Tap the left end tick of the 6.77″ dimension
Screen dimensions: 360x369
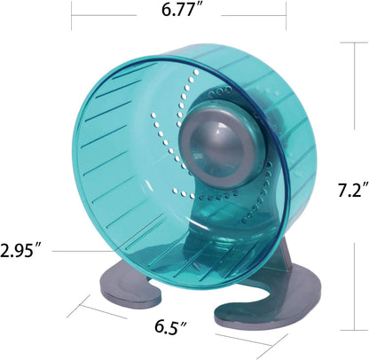pyautogui.click(x=72, y=13)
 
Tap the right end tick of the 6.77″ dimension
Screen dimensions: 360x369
pyautogui.click(x=287, y=13)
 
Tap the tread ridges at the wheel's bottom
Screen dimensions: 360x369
pyautogui.click(x=177, y=253)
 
